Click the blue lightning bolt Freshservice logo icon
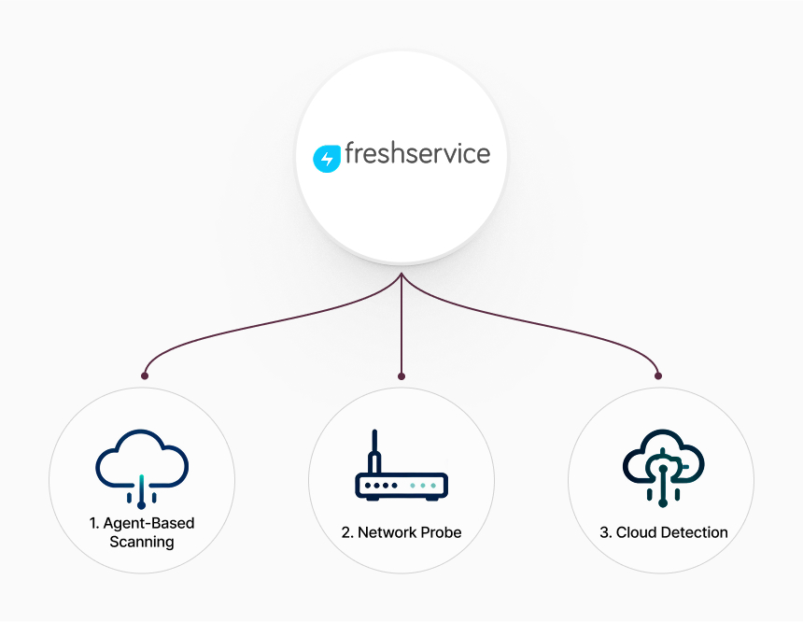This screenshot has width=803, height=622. pos(327,159)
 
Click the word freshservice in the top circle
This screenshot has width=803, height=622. pos(417,153)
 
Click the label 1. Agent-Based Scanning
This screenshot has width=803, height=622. pos(142,532)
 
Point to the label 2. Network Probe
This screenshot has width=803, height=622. pos(401,532)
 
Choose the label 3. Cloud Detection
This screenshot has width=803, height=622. pos(663,532)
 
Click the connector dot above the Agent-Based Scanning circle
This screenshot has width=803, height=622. pos(145,376)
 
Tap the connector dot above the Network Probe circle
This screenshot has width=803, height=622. pos(401,376)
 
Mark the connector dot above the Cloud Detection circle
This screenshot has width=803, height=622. pos(658,376)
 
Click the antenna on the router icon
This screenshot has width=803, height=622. pos(375,451)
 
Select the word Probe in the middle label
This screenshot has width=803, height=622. pos(440,532)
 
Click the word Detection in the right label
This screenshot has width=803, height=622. pos(694,532)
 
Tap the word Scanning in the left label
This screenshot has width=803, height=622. pos(142,542)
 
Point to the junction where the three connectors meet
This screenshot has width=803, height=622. pos(401,276)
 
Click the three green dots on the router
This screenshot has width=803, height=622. pos(423,487)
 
